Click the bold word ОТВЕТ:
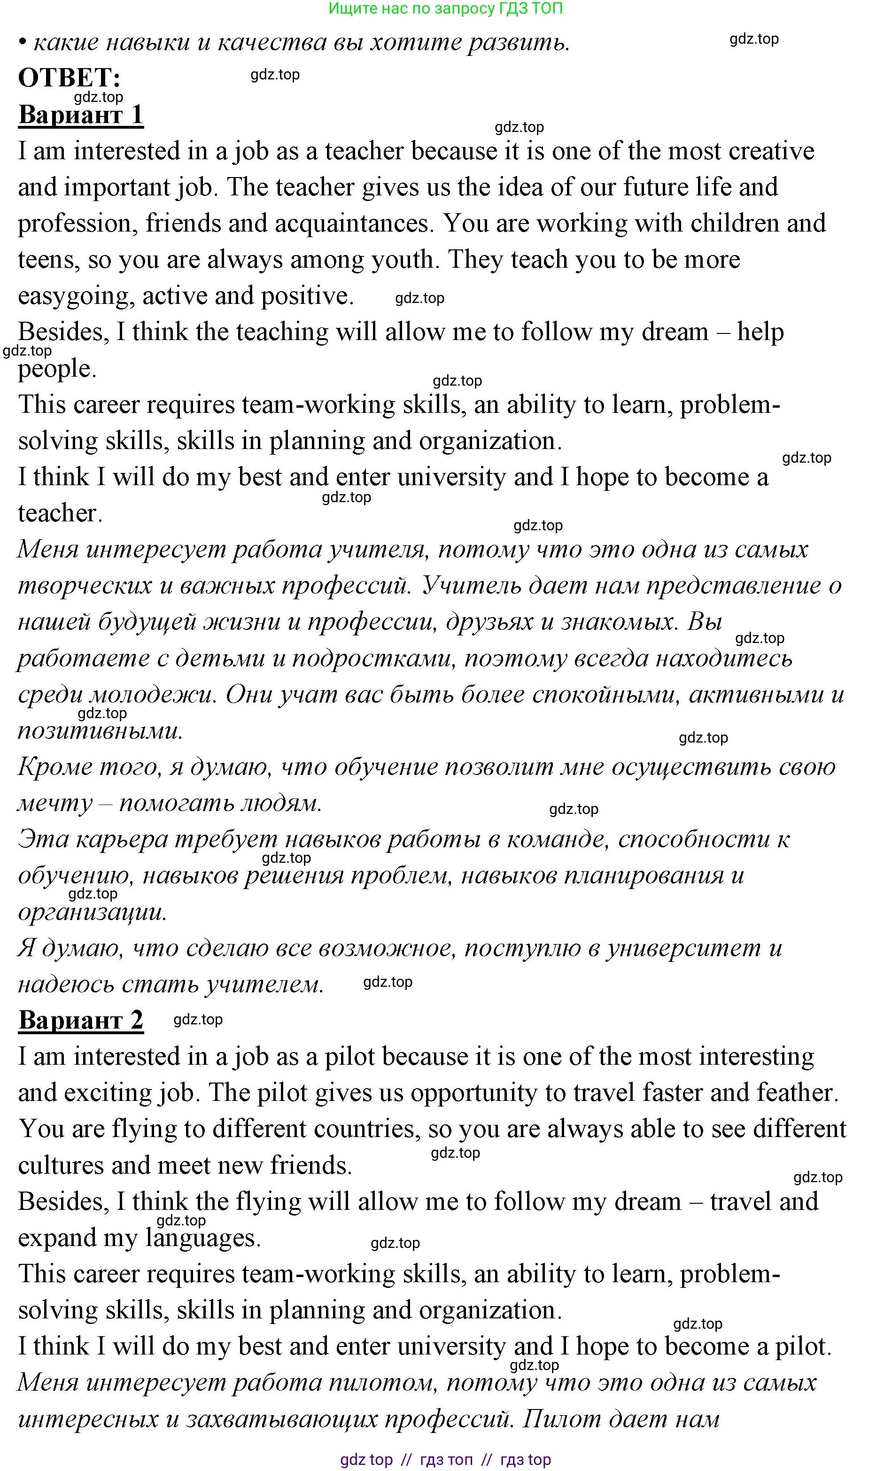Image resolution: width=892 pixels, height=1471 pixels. [x=69, y=77]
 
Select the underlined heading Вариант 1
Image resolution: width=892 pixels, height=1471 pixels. [x=81, y=114]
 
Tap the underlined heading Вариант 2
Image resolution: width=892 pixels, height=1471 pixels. [x=81, y=1020]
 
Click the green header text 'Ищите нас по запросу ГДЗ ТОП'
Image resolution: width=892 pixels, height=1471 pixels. [x=445, y=8]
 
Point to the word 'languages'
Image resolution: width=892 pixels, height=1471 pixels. [x=203, y=1238]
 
